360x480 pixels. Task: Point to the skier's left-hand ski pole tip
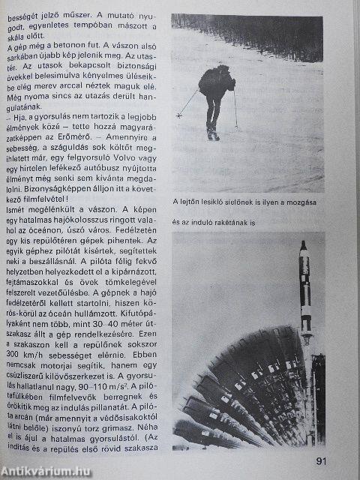178,117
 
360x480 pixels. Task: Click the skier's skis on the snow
214,134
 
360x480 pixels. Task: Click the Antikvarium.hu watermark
46,470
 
